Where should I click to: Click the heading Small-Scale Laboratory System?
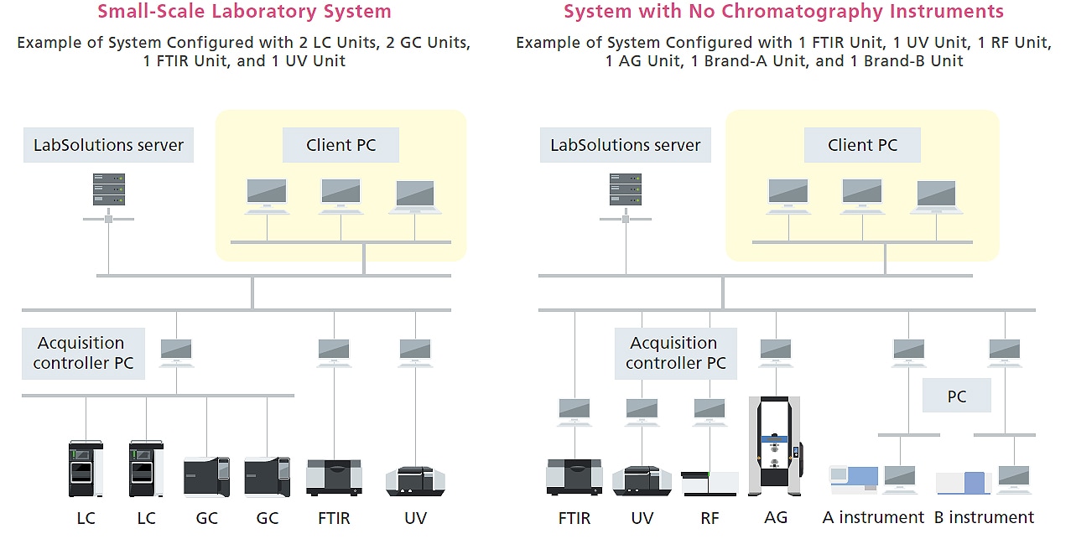[x=244, y=12]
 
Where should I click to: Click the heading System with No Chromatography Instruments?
[x=783, y=12]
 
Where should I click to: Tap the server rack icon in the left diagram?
[x=109, y=189]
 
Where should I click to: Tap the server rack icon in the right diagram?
[x=626, y=189]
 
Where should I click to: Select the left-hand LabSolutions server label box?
[x=108, y=145]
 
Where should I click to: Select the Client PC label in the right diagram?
[x=862, y=145]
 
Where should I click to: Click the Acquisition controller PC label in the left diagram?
[x=83, y=353]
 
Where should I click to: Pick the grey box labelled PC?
[x=957, y=396]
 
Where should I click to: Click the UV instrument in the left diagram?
[x=415, y=479]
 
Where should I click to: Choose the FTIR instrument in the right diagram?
[x=574, y=476]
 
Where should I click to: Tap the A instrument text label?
[x=873, y=517]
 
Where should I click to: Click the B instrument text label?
[x=984, y=517]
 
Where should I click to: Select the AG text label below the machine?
[x=776, y=517]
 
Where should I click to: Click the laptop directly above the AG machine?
[x=776, y=351]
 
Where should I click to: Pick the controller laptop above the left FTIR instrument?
[x=334, y=351]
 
